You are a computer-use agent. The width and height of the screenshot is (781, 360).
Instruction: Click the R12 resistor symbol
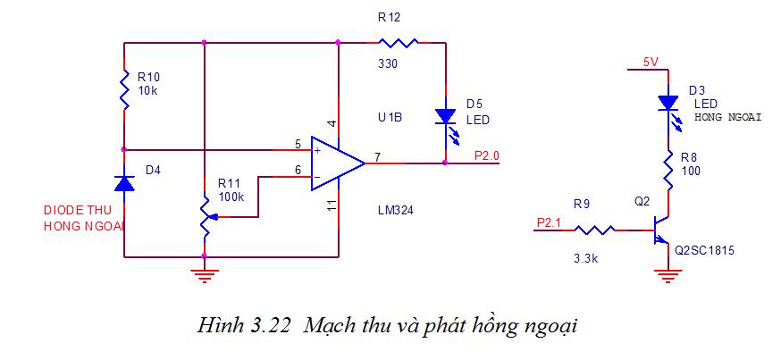[x=398, y=43]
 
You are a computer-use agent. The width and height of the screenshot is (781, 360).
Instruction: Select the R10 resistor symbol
[x=124, y=89]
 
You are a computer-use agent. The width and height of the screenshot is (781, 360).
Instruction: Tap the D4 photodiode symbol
[x=124, y=183]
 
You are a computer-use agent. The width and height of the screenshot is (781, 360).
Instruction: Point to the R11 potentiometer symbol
[x=206, y=216]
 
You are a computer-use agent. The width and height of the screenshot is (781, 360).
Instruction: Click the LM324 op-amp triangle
[x=337, y=163]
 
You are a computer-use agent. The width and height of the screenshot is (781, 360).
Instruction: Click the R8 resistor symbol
[x=668, y=170]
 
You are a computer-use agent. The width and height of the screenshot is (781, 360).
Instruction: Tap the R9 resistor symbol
[x=594, y=230]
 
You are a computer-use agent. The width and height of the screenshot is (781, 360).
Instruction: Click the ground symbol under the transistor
[x=668, y=276]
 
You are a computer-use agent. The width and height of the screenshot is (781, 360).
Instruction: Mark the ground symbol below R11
[x=205, y=275]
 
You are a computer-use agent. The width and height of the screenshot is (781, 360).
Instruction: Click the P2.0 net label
[x=487, y=155]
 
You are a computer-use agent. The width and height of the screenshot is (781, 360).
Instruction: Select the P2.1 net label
[x=549, y=222]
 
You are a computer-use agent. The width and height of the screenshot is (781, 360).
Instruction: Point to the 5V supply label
[x=651, y=63]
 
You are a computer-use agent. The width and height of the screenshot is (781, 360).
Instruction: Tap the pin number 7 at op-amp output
[x=378, y=158]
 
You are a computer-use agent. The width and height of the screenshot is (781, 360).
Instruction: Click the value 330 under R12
[x=388, y=63]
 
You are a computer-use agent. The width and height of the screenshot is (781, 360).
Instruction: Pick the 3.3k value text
[x=586, y=259]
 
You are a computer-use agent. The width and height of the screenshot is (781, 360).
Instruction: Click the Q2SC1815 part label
[x=704, y=251]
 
